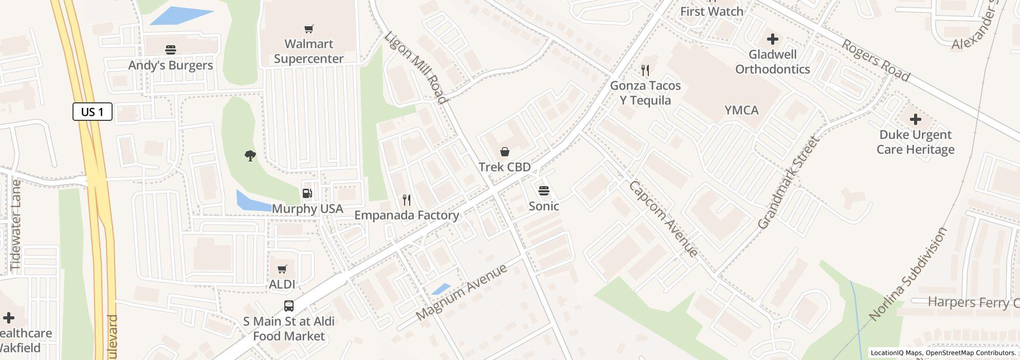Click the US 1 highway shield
[x=93, y=112]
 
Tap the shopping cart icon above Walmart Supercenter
[x=308, y=29]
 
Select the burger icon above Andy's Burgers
[x=171, y=50]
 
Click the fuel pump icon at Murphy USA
[x=307, y=193]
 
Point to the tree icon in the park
[x=250, y=155]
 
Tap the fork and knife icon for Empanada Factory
[x=407, y=200]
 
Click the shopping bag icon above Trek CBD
[x=505, y=152]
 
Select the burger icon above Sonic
[x=544, y=191]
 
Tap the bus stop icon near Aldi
[x=289, y=306]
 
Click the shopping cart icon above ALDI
[x=282, y=269]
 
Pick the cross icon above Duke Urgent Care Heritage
[x=915, y=119]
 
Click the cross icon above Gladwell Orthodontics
[x=772, y=39]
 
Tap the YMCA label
[x=741, y=110]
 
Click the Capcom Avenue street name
[x=663, y=219]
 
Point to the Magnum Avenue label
[x=461, y=292]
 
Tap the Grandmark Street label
[x=787, y=183]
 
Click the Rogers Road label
[x=876, y=60]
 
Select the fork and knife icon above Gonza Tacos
[x=645, y=70]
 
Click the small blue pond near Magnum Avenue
[x=441, y=289]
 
